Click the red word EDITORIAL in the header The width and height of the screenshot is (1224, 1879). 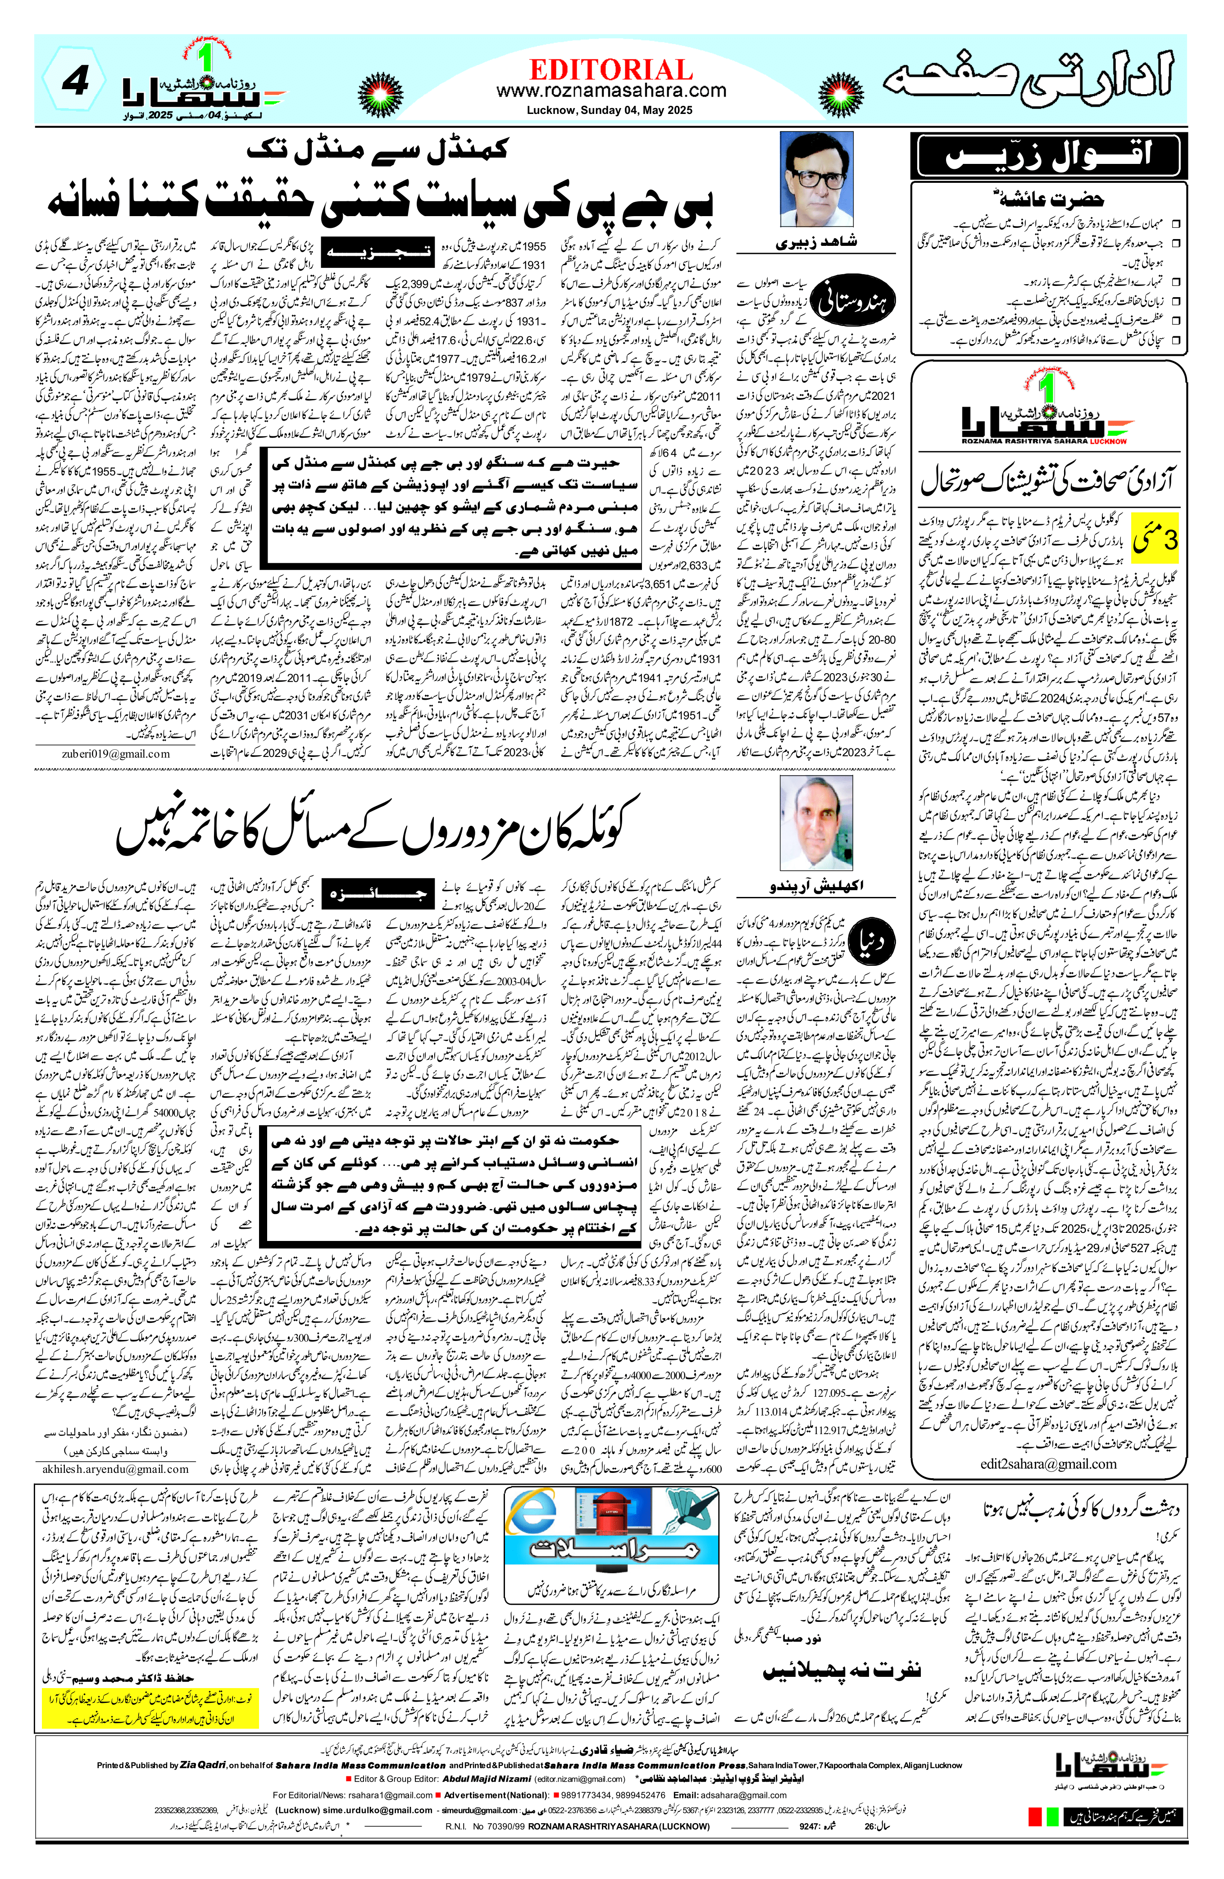pyautogui.click(x=611, y=69)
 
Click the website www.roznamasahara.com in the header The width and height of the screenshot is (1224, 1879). pyautogui.click(x=611, y=91)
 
